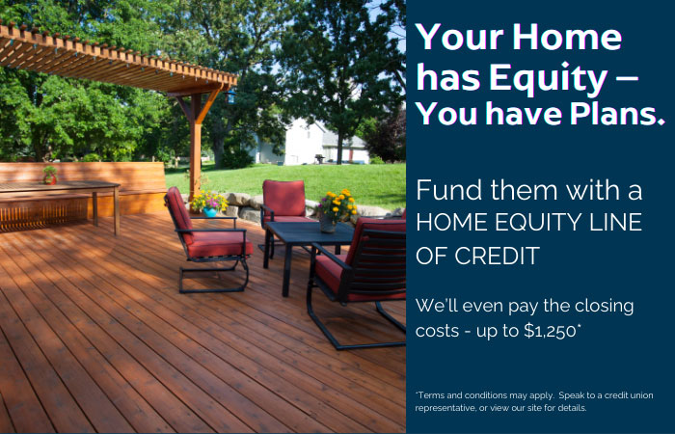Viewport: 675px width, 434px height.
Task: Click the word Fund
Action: (x=445, y=190)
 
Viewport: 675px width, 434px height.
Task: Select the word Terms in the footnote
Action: (x=432, y=395)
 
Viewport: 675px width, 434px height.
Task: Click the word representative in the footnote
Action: (x=452, y=408)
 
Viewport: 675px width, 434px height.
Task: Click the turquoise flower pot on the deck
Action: (x=210, y=211)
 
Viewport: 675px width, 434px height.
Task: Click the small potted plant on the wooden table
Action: (x=50, y=175)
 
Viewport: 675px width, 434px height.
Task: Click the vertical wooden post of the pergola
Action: (x=196, y=145)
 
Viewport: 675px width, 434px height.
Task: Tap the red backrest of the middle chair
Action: (x=283, y=200)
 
